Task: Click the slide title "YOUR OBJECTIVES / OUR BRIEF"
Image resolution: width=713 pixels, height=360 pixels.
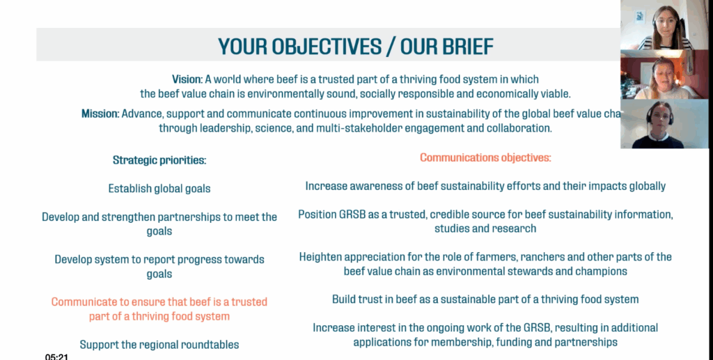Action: point(356,46)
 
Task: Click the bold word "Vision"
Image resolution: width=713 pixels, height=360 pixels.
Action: point(187,79)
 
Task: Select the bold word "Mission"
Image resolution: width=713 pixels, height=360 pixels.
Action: point(100,114)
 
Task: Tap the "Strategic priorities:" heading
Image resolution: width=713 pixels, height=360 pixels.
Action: point(159,160)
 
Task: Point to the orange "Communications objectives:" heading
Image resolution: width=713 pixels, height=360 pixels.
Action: point(485,158)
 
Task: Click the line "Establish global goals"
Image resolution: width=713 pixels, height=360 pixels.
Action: point(159,189)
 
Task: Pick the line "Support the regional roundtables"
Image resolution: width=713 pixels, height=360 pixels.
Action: point(159,345)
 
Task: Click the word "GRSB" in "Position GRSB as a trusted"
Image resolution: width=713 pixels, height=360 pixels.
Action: point(356,214)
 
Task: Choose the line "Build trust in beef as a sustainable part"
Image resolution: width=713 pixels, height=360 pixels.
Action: point(485,299)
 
